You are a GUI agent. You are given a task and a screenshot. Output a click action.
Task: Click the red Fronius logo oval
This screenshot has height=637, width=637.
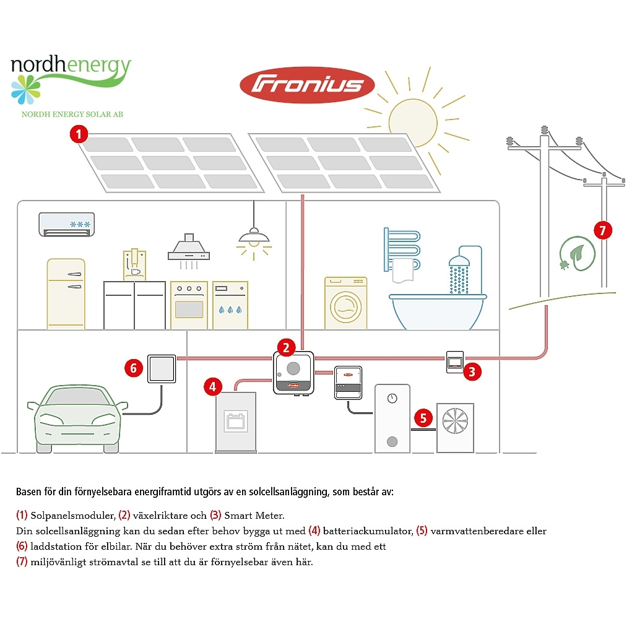point(307,85)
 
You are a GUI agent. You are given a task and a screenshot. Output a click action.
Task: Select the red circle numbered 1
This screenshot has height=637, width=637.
point(79,134)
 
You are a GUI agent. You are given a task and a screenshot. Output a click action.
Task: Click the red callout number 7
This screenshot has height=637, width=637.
point(602,230)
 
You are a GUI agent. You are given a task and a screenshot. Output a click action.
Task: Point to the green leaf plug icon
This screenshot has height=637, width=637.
point(577,254)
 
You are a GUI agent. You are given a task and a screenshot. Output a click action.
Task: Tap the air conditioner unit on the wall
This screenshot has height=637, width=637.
point(68,224)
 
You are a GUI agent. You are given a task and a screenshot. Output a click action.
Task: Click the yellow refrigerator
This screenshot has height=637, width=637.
point(66,294)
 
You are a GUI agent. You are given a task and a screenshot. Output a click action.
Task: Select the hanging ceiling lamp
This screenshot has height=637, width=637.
point(254,236)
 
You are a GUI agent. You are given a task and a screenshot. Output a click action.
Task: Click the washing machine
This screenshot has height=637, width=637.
point(345,303)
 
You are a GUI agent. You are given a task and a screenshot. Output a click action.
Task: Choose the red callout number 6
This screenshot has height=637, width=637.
point(133,368)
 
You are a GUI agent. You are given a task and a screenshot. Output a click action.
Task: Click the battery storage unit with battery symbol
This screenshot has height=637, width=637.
point(236,422)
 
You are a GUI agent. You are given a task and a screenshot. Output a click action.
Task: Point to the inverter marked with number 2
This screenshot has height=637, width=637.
point(293,373)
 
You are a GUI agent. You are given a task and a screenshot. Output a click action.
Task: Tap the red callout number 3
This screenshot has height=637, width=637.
point(472,371)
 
